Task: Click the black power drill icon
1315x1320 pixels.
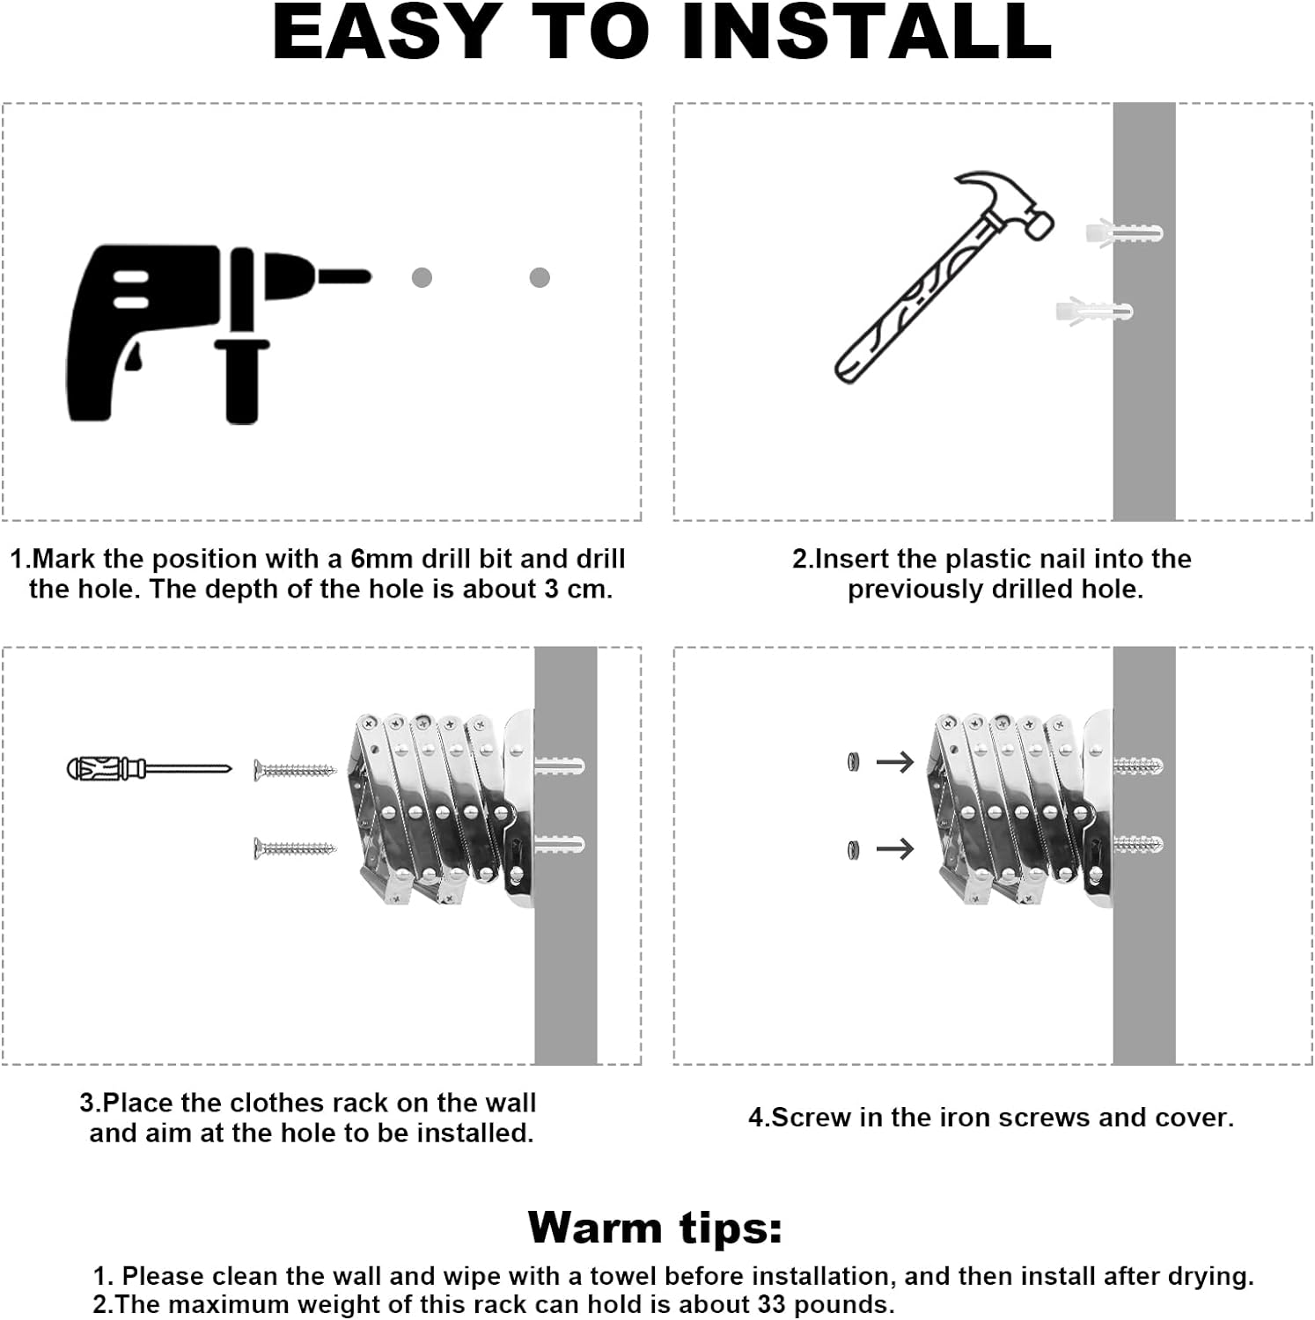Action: point(176,326)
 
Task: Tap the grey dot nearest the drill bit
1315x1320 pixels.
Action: point(422,278)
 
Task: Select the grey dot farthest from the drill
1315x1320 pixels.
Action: point(540,278)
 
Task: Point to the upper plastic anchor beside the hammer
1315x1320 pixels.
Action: point(1124,234)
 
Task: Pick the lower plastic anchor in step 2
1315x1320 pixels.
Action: point(1094,311)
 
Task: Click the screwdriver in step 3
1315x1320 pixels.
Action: point(149,768)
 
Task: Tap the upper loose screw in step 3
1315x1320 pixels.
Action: point(295,772)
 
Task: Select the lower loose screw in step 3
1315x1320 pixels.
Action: point(295,849)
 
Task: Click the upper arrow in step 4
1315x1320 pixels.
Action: point(895,762)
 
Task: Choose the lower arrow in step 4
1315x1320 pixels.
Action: point(895,849)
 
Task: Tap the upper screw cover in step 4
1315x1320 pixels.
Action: point(852,762)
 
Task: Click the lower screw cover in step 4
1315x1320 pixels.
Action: point(852,850)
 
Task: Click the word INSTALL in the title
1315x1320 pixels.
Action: point(866,33)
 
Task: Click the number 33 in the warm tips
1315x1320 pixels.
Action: point(771,1303)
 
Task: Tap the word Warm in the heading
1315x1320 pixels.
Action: point(595,1227)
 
